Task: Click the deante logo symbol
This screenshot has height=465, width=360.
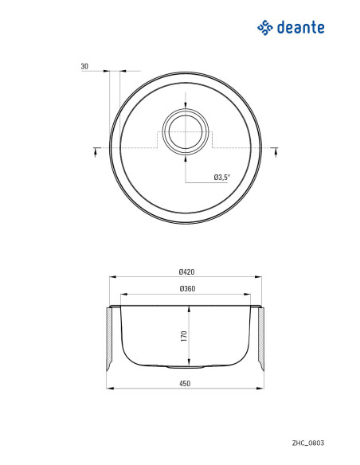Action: [265, 28]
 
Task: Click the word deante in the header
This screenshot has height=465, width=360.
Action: [300, 28]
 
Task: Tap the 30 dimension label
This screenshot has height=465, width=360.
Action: [84, 67]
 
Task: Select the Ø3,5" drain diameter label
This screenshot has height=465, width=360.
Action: [221, 177]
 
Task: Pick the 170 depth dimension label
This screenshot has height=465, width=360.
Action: [183, 335]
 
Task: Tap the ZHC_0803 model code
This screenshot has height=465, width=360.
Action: [307, 442]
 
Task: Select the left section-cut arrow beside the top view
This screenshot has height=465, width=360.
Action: [96, 150]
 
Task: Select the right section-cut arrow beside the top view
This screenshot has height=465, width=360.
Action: [275, 150]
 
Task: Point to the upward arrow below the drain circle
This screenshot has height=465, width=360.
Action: [186, 158]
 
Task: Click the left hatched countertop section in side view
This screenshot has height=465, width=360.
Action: [111, 339]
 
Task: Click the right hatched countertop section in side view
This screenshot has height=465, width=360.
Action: [260, 339]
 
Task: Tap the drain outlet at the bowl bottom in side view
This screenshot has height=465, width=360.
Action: [185, 367]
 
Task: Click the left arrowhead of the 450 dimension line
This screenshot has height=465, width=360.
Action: [110, 389]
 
